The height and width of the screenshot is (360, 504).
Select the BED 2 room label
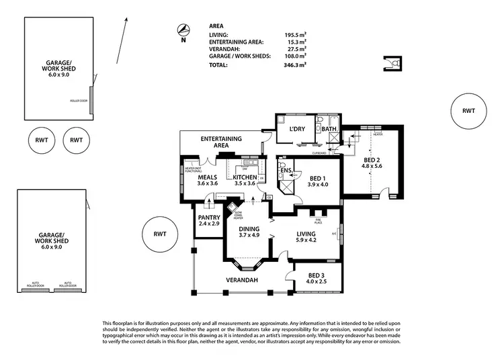[x=371, y=160]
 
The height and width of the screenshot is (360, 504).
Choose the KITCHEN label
[x=245, y=177]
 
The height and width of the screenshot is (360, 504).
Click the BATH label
[x=329, y=128]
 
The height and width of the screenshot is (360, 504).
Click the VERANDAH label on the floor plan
[x=241, y=279]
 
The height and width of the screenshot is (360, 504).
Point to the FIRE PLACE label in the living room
[x=320, y=221]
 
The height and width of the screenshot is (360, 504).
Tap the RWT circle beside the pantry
[x=160, y=234]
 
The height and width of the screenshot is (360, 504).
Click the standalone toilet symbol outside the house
[x=394, y=63]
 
